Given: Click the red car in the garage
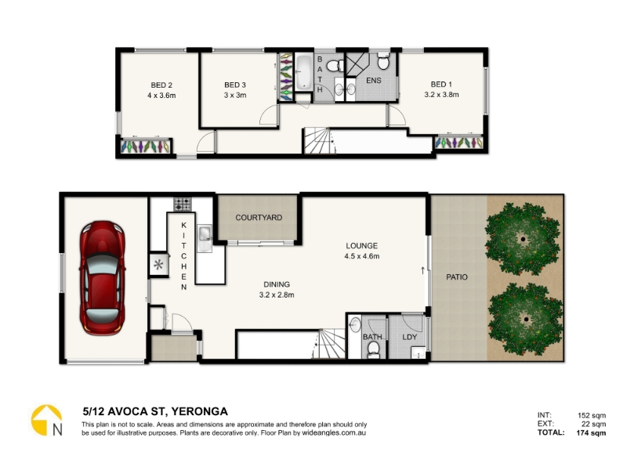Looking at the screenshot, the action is (103, 278).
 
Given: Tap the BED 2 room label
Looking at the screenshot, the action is (161, 85).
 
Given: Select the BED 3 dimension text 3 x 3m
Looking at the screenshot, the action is (235, 95).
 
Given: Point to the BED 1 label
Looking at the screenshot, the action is (441, 85).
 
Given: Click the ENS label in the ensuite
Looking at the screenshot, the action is (374, 81).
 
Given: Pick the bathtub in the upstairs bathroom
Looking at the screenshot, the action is (304, 72).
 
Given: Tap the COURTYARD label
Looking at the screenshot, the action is (259, 218).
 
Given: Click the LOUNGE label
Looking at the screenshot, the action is (362, 246).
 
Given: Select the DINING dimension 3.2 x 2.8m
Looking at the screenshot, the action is (277, 295).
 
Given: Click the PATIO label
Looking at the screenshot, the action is (457, 277).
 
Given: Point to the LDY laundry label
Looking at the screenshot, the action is (410, 337).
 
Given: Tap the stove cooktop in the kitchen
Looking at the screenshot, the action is (183, 204).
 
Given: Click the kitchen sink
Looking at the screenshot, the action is (205, 238).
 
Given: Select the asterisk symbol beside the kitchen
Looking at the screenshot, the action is (159, 265).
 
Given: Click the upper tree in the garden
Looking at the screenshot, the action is (523, 239).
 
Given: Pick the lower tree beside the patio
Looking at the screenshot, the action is (525, 320).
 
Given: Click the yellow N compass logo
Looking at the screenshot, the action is (47, 421).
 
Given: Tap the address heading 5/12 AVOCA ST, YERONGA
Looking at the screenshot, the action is (155, 411).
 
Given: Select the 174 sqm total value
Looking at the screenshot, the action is (591, 433).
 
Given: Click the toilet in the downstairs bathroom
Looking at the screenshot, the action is (374, 349).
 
